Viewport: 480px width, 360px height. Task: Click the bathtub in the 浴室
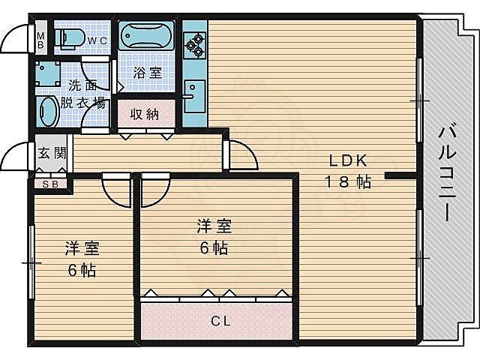(x=145, y=37)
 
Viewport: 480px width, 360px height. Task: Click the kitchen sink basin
(x=192, y=94)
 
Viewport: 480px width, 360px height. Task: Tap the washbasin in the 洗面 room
(x=46, y=111)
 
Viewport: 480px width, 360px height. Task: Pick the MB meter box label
(x=40, y=39)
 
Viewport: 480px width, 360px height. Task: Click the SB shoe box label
(x=49, y=183)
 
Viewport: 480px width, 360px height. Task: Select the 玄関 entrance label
(x=52, y=154)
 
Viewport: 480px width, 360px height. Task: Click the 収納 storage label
(x=145, y=115)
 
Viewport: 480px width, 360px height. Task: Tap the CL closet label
(x=220, y=322)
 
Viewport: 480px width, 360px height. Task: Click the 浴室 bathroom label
(x=147, y=73)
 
